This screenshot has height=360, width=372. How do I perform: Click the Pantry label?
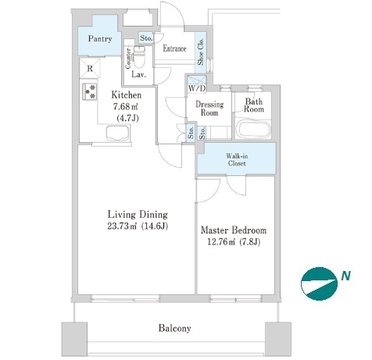coord(100,38)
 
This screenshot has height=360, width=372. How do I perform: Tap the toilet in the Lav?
coord(139,56)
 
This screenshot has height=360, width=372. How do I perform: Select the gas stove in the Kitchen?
coord(89,91)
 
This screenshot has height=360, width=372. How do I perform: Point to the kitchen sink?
coord(118,134)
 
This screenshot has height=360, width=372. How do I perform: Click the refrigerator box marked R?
coord(90,68)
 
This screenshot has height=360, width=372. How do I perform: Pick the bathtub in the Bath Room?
coord(254,130)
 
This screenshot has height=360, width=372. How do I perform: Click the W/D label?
coord(197,88)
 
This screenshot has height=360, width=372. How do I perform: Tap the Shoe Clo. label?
coord(201,52)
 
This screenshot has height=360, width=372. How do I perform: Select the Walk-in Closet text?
coord(237,159)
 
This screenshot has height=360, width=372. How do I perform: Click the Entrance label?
coord(174,48)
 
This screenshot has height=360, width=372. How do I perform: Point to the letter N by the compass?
coord(346,276)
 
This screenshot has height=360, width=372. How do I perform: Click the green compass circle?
coord(319,283)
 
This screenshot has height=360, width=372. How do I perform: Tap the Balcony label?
coord(174,328)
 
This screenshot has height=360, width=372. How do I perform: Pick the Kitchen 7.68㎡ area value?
coord(125,106)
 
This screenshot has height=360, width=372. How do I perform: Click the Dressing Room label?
coord(209,109)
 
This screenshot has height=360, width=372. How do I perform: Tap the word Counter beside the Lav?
coord(128,59)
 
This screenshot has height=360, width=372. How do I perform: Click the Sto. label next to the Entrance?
coord(146,38)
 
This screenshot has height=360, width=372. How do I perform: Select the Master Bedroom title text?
coord(234,230)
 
